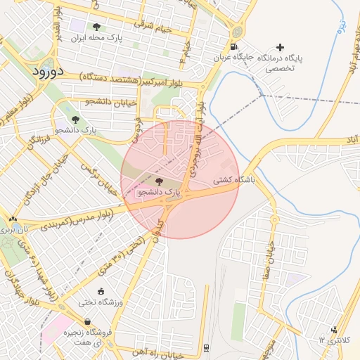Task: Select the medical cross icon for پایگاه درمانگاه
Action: click(282, 46)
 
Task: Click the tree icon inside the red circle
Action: click(158, 181)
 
